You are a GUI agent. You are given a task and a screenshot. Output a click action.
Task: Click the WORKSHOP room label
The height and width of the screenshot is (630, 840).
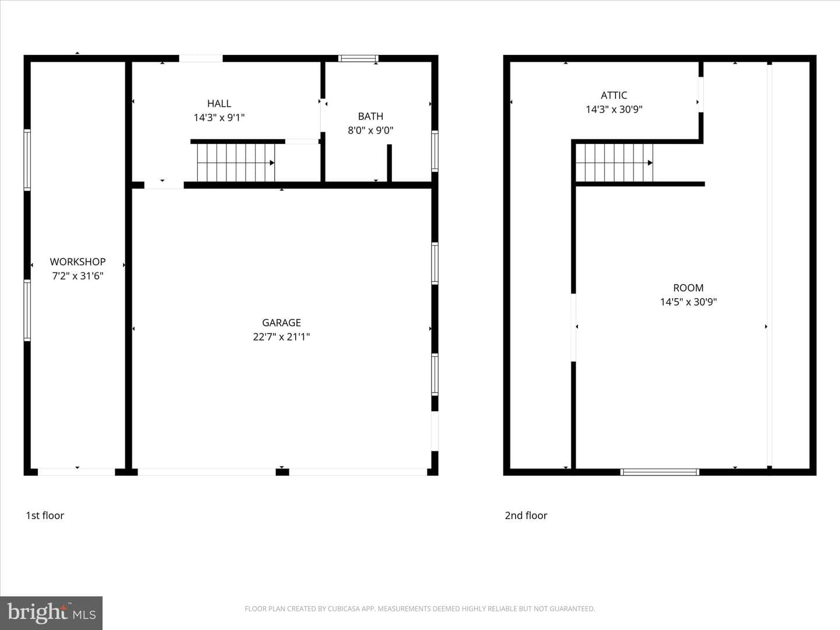[78, 262]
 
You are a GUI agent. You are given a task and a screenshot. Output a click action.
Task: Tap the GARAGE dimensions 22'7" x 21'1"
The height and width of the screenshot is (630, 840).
[281, 337]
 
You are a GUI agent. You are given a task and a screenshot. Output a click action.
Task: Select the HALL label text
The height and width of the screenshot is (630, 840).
[219, 103]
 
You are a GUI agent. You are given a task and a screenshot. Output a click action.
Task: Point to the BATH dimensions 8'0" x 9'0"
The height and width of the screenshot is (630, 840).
[370, 131]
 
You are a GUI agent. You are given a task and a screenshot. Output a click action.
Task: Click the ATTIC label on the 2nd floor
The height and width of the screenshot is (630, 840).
[614, 95]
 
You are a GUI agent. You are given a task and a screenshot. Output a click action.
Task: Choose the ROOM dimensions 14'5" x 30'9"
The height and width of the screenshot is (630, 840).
[688, 302]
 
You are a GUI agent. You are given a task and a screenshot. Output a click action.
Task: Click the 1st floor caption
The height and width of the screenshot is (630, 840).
[45, 515]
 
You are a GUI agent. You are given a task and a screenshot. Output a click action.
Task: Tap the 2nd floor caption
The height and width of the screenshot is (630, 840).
[526, 515]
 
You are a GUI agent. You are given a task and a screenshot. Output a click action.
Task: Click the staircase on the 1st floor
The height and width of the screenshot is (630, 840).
[236, 163]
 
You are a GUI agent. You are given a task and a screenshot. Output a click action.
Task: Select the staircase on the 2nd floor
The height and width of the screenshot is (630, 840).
[614, 163]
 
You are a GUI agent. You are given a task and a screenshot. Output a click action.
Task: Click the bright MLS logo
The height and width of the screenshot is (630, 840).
[51, 612]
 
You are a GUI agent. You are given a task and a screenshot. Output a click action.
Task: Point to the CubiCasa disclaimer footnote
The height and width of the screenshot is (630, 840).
[420, 608]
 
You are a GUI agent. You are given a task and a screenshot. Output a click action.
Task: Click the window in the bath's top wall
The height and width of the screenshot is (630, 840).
[358, 58]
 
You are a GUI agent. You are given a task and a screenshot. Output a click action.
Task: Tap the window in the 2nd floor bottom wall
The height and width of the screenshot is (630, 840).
[659, 472]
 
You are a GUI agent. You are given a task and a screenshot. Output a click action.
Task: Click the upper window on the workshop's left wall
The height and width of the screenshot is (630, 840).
[27, 160]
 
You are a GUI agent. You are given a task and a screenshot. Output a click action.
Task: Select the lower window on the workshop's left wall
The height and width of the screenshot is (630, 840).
[27, 310]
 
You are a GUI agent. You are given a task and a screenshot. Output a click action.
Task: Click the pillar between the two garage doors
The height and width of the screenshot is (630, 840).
[282, 472]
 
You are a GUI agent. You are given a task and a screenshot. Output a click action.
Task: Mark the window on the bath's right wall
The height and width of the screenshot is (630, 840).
[435, 151]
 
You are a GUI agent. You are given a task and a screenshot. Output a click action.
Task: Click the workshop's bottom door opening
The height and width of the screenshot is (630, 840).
[76, 472]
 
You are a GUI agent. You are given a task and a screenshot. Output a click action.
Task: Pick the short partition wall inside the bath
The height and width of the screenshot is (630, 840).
[389, 163]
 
